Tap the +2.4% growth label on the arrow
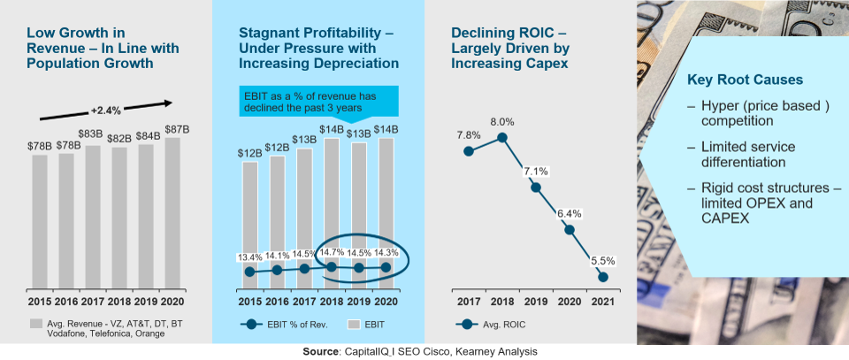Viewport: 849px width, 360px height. click(x=105, y=111)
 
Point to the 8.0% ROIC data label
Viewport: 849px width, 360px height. click(x=502, y=121)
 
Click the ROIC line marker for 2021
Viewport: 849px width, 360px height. click(x=603, y=277)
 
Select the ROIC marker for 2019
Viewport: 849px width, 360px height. click(x=536, y=188)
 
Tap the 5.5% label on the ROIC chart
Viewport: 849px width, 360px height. click(x=603, y=261)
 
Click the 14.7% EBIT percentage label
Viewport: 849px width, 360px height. click(x=332, y=253)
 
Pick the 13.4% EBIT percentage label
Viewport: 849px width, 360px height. click(x=250, y=257)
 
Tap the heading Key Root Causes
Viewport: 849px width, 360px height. click(x=745, y=80)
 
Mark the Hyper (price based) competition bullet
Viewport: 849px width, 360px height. click(x=750, y=114)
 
